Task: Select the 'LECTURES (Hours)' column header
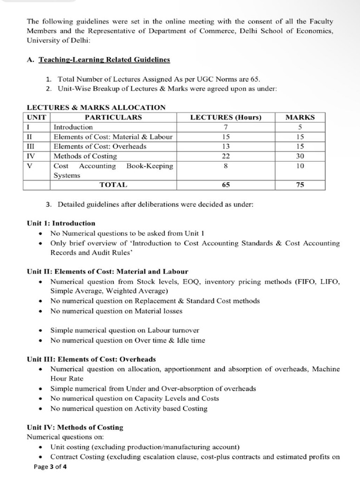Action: pos(225,117)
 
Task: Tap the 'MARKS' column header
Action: pos(300,117)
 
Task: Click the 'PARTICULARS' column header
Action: pos(113,117)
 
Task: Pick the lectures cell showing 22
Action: pos(225,156)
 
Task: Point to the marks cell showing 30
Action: pos(300,156)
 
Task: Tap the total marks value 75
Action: pos(300,185)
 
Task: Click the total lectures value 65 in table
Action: pos(225,185)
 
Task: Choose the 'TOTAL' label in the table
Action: pos(113,185)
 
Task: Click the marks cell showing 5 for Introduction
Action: pos(300,127)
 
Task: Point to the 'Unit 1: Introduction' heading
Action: pos(61,223)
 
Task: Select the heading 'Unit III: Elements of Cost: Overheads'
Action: pos(91,359)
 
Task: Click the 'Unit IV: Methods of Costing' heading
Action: pos(75,427)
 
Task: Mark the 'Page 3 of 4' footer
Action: pos(50,467)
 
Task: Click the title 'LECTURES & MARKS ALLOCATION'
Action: pos(96,107)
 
